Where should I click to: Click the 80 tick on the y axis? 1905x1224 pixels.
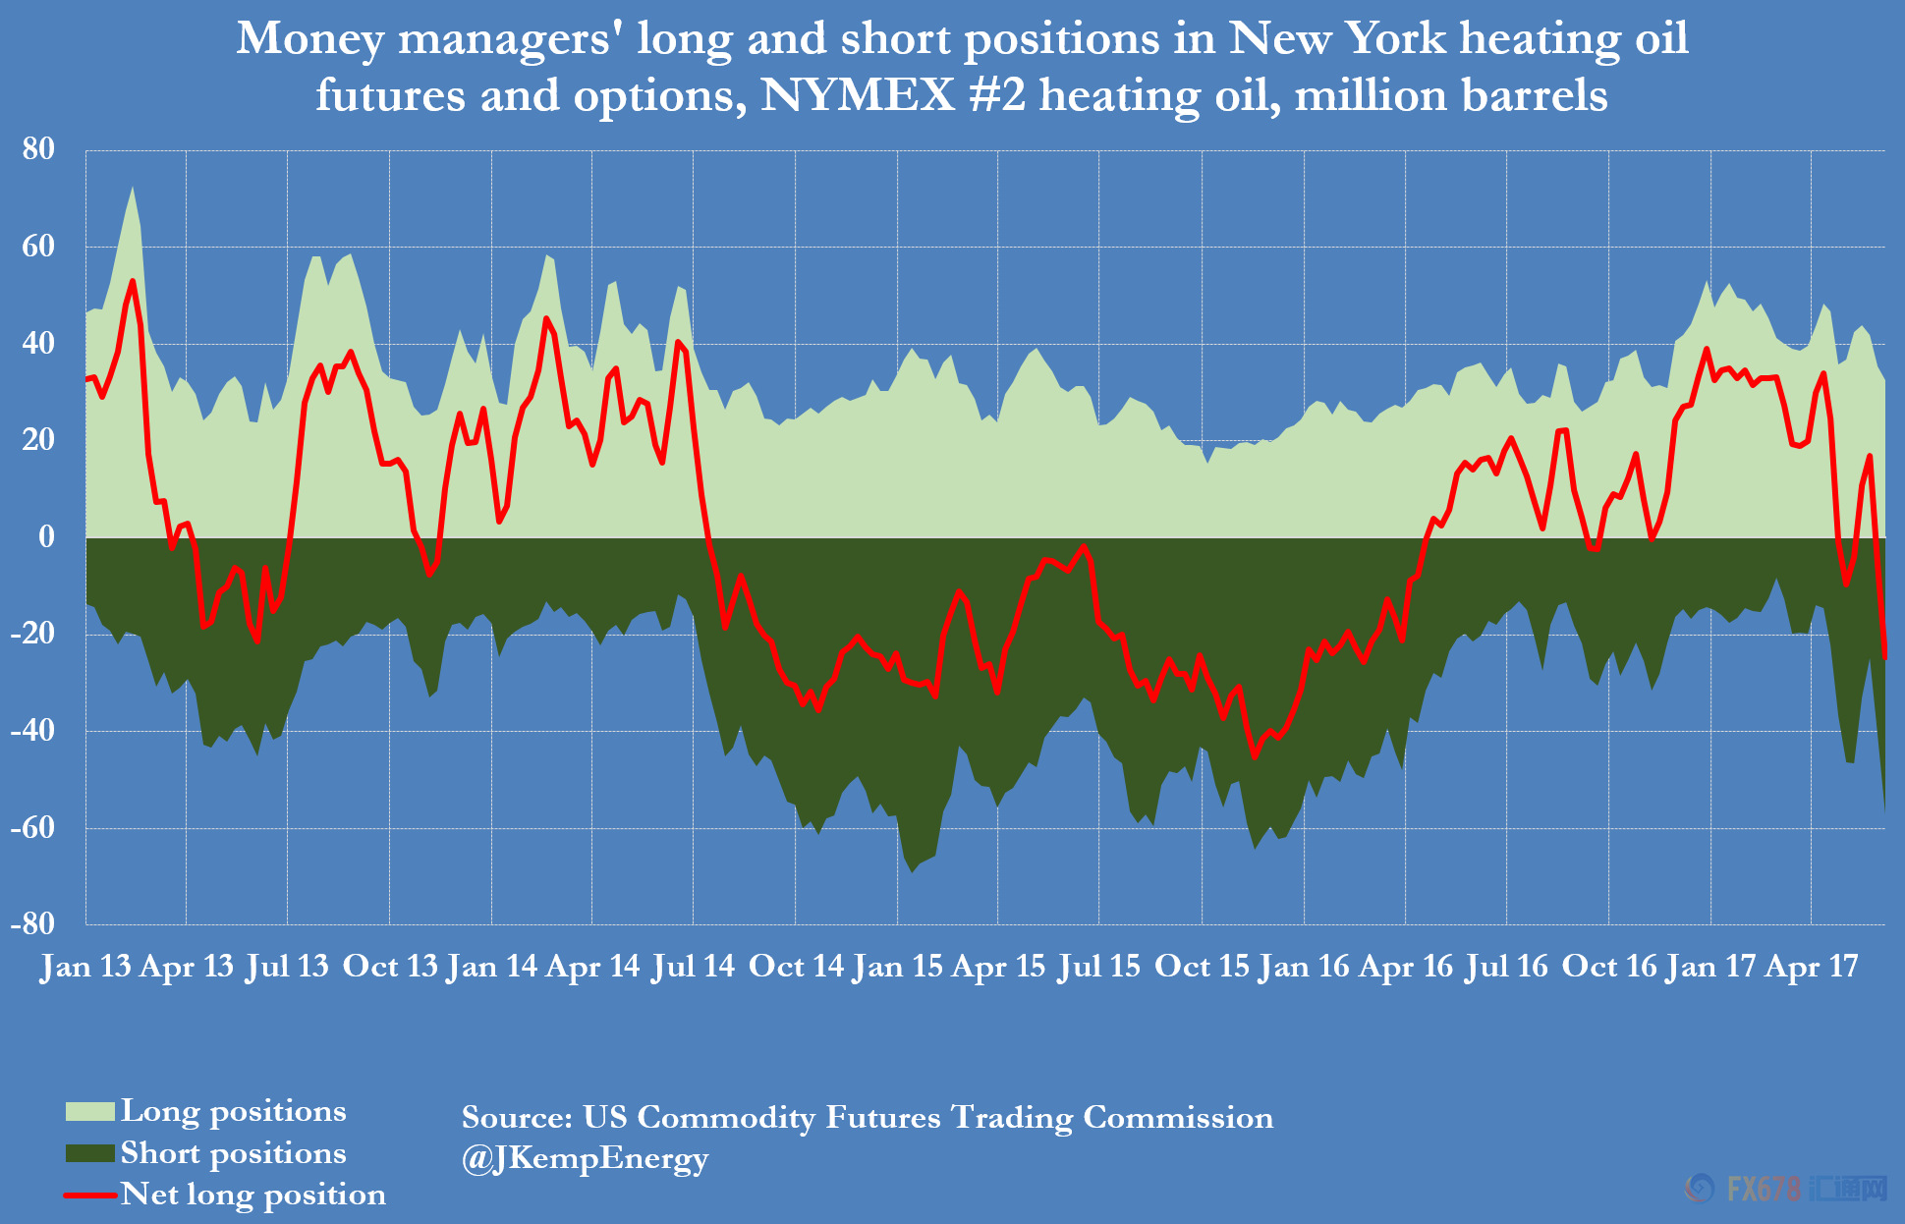point(39,149)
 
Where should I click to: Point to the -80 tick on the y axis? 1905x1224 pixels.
point(33,923)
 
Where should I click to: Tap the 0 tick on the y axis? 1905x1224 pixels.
point(46,536)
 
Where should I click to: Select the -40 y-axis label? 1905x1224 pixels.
point(33,730)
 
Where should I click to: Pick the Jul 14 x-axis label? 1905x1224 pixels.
point(693,967)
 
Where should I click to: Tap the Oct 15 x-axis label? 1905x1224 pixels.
point(1202,967)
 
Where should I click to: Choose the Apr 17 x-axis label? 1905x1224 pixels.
point(1811,967)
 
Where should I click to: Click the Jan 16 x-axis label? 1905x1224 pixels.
point(1304,967)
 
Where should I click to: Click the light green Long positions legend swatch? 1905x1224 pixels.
point(89,1111)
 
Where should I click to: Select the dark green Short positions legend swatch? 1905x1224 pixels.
point(89,1153)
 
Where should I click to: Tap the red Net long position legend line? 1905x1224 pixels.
point(89,1196)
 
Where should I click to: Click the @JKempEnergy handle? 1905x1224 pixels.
point(585,1159)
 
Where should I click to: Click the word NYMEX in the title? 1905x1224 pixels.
point(857,96)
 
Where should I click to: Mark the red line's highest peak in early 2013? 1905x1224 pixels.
point(133,282)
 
